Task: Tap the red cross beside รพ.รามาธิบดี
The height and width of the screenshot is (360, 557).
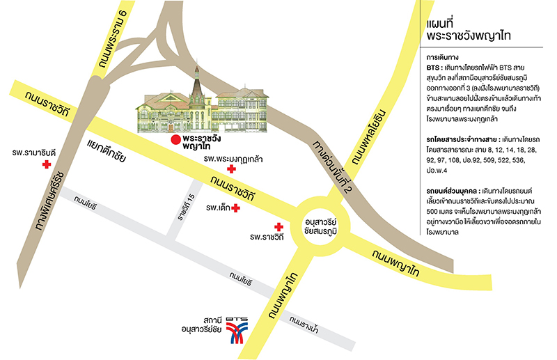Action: point(47,165)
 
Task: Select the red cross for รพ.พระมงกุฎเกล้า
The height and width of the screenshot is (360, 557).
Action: point(241,169)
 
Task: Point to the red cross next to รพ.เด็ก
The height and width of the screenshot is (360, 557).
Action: point(236,208)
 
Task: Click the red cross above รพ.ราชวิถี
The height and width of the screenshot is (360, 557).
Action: point(278,227)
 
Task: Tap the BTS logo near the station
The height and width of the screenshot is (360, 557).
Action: point(237,331)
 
